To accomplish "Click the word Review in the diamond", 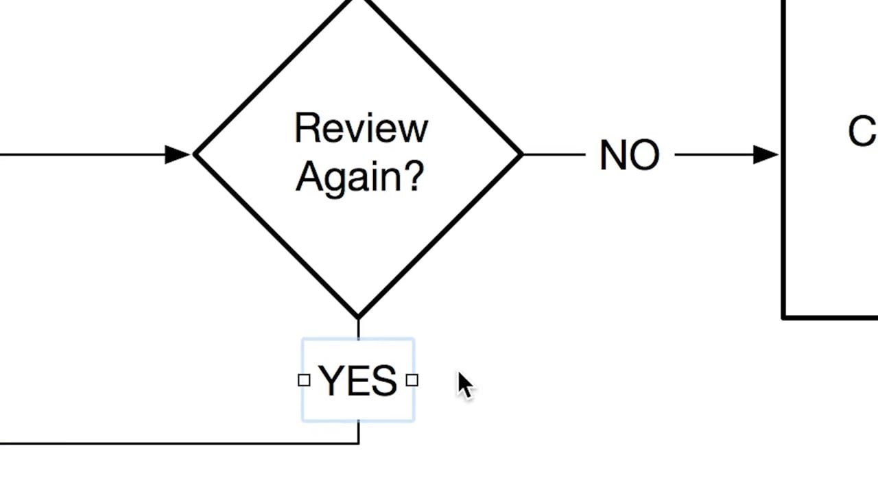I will pyautogui.click(x=361, y=128).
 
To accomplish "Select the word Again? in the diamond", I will pyautogui.click(x=359, y=176).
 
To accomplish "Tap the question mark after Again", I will pyautogui.click(x=412, y=176).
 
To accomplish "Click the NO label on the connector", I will pyautogui.click(x=629, y=156).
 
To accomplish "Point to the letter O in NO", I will pyautogui.click(x=645, y=156).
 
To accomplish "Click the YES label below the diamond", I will pyautogui.click(x=358, y=381).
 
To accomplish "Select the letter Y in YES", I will pyautogui.click(x=330, y=381).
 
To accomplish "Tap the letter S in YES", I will pyautogui.click(x=385, y=381).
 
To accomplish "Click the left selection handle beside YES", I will pyautogui.click(x=304, y=380).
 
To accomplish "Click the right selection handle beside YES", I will pyautogui.click(x=412, y=380).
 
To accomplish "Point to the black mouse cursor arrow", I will pyautogui.click(x=464, y=385).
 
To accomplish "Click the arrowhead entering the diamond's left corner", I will pyautogui.click(x=178, y=154).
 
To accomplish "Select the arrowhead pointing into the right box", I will pyautogui.click(x=766, y=154).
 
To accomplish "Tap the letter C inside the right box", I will pyautogui.click(x=862, y=131).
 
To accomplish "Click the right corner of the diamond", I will pyautogui.click(x=521, y=155).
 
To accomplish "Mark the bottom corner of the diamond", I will pyautogui.click(x=358, y=318).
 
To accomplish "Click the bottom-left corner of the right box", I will pyautogui.click(x=784, y=317).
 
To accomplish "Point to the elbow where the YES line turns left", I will pyautogui.click(x=358, y=443).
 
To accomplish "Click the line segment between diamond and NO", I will pyautogui.click(x=554, y=155).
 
